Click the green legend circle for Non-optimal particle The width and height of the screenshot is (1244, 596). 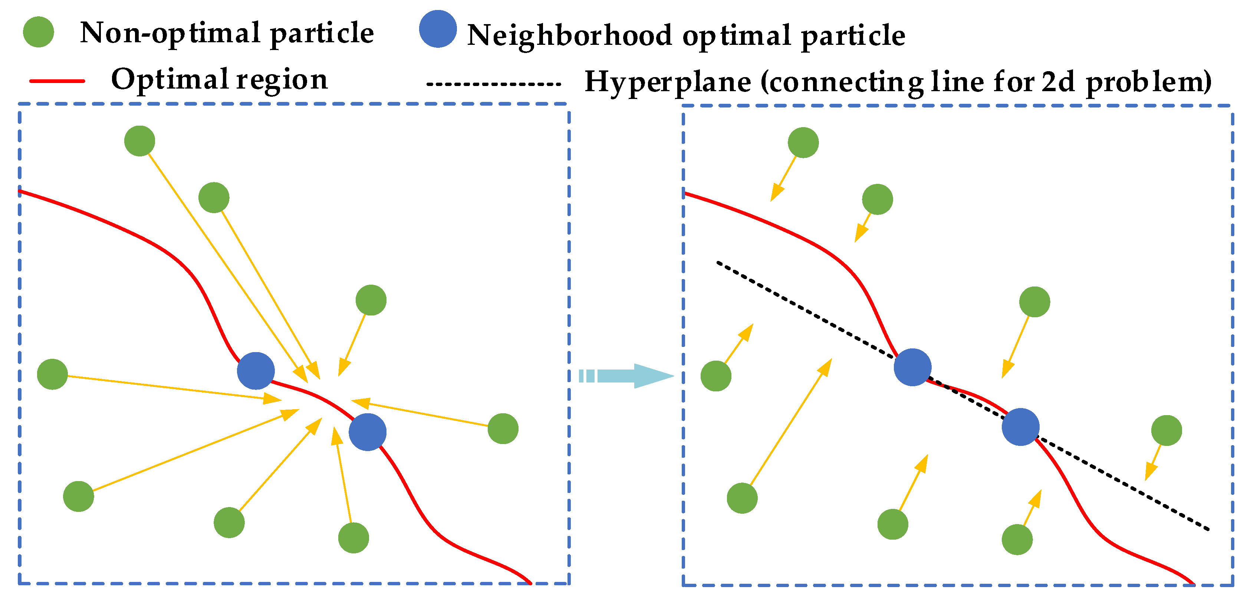[38, 32]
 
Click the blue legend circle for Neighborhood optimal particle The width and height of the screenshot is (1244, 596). [438, 29]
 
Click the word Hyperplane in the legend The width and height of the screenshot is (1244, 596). [667, 82]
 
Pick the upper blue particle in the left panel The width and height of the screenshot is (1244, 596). [256, 371]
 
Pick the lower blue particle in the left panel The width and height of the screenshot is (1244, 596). [368, 432]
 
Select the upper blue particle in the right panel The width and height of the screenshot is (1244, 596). [912, 367]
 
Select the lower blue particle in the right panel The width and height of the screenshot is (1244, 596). [1020, 427]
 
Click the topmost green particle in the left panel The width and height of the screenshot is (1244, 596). [139, 141]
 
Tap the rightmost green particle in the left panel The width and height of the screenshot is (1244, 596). [503, 428]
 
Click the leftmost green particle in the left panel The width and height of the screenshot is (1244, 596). [52, 374]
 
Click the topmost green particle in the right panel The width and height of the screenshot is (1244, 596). [803, 142]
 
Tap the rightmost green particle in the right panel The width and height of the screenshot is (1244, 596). [1166, 430]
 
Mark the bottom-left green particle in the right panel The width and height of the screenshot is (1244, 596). [742, 498]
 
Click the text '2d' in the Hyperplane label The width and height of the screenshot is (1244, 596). [1057, 82]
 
